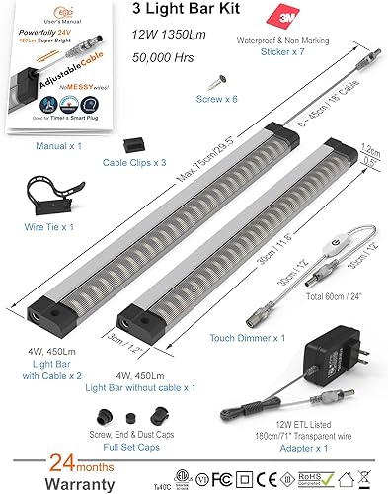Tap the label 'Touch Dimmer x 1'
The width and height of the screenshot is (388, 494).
[246, 336]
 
